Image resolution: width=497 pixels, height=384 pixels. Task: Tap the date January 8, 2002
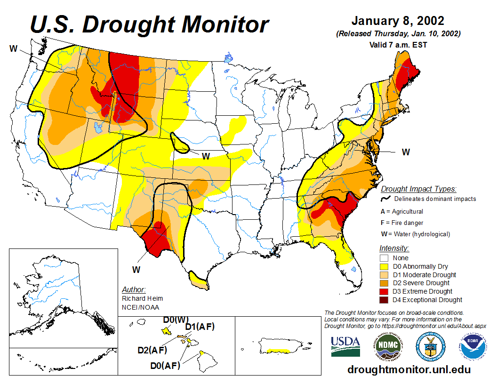397,21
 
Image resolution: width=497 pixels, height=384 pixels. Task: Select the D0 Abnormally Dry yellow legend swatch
384,266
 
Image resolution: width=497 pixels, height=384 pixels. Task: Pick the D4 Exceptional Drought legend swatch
384,300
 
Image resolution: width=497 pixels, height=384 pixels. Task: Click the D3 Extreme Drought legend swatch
384,291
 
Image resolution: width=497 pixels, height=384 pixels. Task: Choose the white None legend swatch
384,258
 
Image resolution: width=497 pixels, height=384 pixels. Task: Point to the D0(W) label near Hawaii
176,320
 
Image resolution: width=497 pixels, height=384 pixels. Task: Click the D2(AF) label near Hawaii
152,350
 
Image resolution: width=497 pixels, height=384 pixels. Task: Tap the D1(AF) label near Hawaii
200,327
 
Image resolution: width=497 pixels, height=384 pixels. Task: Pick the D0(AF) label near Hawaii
165,365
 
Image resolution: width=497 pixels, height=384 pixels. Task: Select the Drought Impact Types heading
418,189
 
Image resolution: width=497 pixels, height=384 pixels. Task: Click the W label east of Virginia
405,152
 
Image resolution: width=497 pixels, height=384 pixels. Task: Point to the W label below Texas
136,270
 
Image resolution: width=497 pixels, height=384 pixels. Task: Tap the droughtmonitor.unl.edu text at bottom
409,369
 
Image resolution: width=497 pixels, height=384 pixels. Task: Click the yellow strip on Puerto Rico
277,351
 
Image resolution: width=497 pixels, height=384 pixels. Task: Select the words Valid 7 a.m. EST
397,45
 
